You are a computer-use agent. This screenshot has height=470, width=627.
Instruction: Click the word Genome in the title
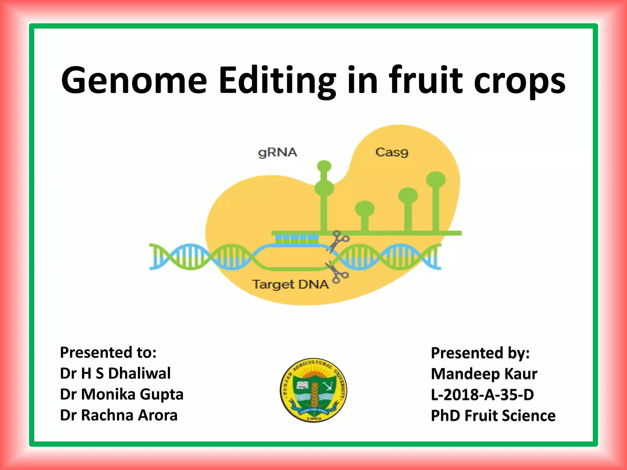134,80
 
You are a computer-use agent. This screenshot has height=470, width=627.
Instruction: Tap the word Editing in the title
277,80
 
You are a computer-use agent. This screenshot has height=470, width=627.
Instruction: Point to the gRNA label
277,152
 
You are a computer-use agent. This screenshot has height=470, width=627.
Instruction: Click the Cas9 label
392,152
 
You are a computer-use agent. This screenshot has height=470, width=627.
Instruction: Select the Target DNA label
290,284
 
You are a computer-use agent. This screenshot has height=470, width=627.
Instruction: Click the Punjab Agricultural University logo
313,390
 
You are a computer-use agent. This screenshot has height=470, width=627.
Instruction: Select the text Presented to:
108,352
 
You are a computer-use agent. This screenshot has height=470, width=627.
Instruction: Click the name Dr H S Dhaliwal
115,373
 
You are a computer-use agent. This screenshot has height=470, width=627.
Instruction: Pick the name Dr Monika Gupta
122,394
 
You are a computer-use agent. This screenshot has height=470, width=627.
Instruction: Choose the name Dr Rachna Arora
118,415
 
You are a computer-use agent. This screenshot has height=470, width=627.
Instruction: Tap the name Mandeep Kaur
484,374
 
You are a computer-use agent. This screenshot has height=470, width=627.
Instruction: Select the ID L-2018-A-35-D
482,395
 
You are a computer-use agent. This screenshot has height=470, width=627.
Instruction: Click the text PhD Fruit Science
493,416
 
